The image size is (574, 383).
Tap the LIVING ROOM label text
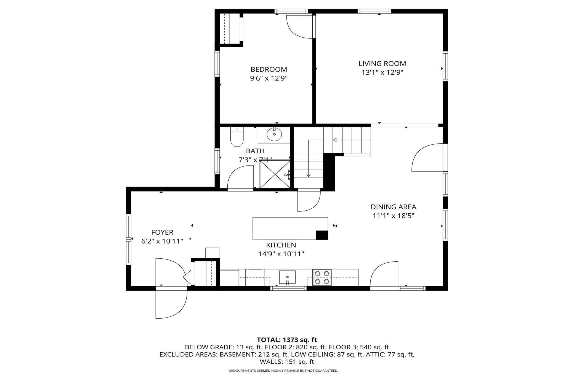pos(382,64)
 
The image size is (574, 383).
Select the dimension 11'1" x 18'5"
pos(394,216)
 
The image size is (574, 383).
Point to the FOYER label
pos(162,232)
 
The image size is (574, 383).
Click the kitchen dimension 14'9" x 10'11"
pos(281,254)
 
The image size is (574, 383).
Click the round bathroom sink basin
pos(274,135)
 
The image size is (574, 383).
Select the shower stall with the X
pos(275,174)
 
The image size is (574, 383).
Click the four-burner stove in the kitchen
pos(322,277)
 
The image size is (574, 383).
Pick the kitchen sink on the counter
pos(287,277)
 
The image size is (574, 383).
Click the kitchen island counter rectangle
pos(290,229)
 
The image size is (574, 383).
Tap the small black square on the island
pos(322,235)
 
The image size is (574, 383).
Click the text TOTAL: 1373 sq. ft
pos(287,340)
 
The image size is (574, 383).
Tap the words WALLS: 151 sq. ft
pos(287,362)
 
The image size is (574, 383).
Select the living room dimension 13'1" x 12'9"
pos(382,73)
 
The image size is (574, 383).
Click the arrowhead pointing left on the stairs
pos(334,140)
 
